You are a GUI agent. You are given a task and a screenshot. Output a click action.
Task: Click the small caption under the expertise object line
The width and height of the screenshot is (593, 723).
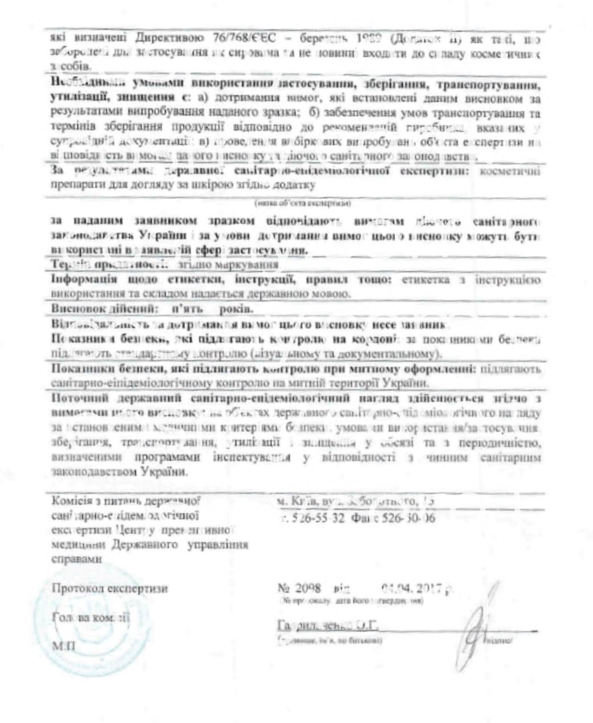(x=303, y=203)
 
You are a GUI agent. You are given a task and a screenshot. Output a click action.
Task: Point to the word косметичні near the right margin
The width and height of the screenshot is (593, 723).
(x=511, y=171)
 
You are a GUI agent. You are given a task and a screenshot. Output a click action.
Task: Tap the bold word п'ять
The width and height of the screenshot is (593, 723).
(x=188, y=308)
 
